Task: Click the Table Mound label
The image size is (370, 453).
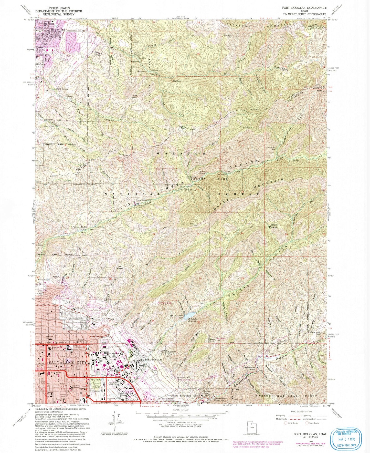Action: [273, 226]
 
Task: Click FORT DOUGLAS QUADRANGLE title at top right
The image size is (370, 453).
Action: [303, 8]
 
